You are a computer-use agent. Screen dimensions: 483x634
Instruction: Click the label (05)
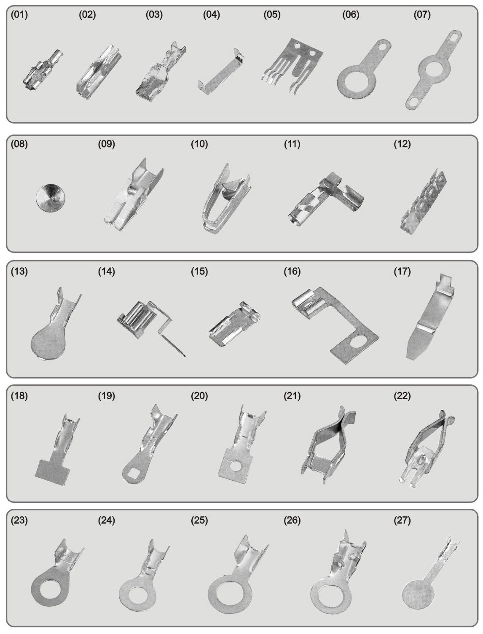(272, 15)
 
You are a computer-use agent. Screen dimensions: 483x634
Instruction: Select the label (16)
(292, 271)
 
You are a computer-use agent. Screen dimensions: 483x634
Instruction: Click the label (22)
(402, 396)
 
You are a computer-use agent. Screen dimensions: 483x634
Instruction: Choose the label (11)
(292, 144)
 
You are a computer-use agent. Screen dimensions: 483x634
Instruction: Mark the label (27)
(402, 520)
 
